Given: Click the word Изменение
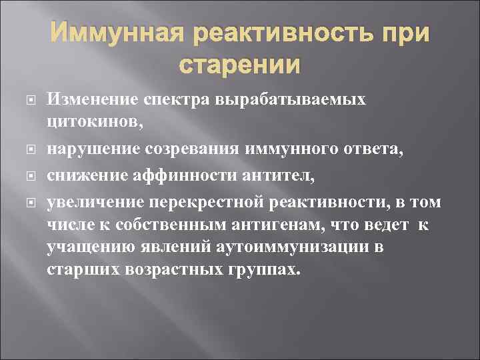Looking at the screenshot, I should point(91,100).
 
